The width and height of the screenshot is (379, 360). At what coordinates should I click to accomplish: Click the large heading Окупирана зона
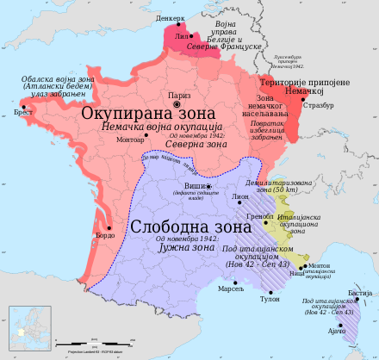tap(140, 113)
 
